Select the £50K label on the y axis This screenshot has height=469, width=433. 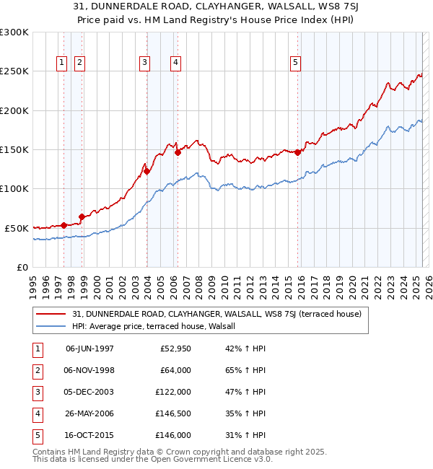point(16,228)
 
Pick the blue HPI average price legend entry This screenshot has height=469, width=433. point(159,326)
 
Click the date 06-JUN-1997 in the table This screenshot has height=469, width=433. point(89,349)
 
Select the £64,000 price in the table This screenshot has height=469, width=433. point(175,370)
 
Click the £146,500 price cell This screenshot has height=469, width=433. point(174,413)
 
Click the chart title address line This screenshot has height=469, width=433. point(216,8)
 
